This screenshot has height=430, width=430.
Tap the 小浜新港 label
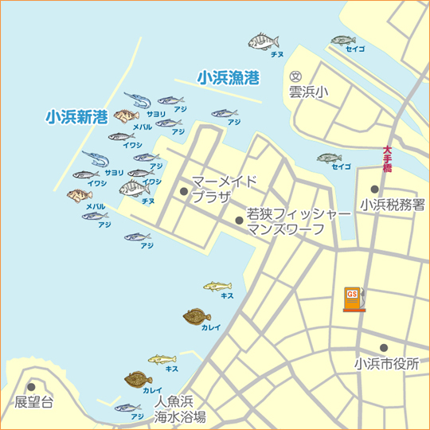[76, 117]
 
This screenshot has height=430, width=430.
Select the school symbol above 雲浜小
[296, 76]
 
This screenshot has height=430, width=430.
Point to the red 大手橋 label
[387, 158]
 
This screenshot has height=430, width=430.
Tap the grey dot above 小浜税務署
[374, 190]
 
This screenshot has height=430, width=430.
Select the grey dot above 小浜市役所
[384, 348]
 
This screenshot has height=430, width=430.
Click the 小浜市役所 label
[387, 364]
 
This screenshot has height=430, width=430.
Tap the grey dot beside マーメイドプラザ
[184, 191]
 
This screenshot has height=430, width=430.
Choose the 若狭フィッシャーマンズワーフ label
[298, 222]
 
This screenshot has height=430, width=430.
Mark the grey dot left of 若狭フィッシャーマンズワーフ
[239, 221]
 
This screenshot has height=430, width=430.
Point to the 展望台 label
[34, 402]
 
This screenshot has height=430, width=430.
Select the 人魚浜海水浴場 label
[180, 408]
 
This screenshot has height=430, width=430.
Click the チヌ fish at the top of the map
[265, 40]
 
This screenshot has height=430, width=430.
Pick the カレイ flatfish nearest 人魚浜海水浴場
[139, 380]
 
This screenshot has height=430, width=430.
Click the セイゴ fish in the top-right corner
[342, 41]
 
